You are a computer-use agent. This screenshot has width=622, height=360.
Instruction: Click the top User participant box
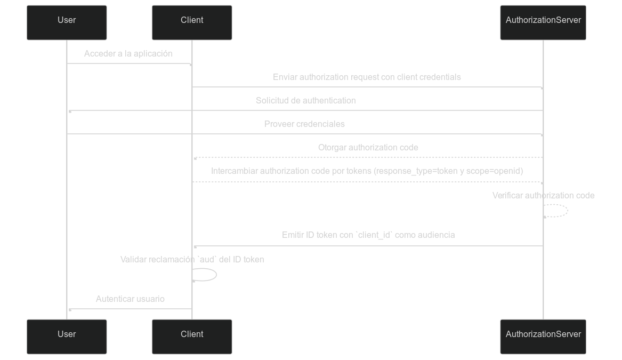[67, 22]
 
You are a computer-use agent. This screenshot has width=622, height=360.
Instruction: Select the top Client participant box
[192, 22]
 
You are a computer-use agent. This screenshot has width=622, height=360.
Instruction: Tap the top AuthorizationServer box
[543, 22]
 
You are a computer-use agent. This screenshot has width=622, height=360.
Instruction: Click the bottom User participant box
[67, 337]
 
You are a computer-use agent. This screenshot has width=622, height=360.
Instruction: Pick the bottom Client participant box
[192, 337]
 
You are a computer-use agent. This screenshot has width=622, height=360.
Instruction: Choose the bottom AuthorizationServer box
[543, 337]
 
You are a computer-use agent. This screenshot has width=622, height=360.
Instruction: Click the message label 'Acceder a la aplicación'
[128, 53]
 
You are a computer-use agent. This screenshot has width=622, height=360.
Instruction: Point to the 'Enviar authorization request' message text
[367, 77]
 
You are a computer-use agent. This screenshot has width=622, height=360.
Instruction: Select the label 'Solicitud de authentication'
[305, 100]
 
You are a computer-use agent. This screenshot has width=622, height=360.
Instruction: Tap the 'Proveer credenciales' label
[304, 124]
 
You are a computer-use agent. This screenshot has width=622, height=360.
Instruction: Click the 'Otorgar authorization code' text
[368, 147]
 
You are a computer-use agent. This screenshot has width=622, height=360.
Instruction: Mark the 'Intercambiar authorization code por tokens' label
[367, 171]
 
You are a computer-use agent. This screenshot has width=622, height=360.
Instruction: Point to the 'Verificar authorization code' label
[543, 195]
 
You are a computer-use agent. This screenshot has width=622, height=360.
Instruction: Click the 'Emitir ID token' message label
[368, 235]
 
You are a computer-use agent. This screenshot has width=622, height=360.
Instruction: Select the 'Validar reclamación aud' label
[192, 259]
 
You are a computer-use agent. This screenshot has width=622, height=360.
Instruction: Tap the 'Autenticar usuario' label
[130, 299]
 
